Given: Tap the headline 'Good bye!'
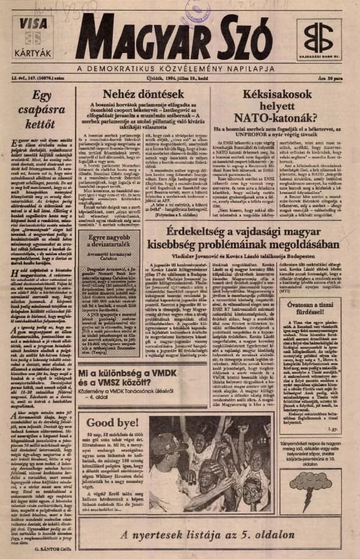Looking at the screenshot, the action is coord(104,422).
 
